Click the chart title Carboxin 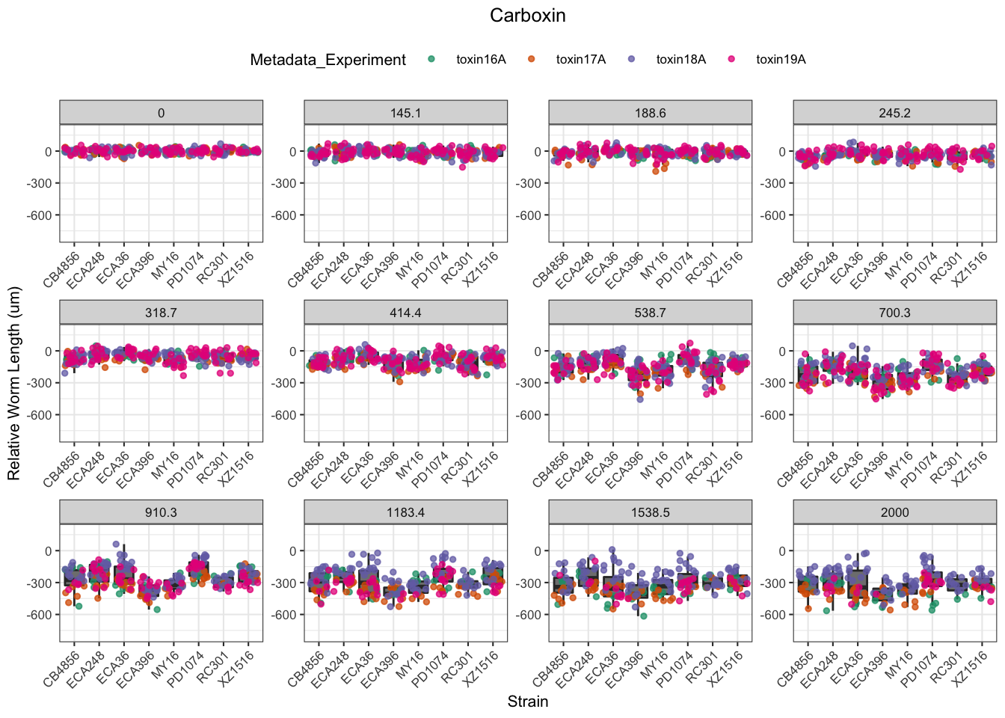[x=527, y=16]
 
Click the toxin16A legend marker [x=431, y=59]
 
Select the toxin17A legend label [x=580, y=60]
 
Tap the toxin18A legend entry [x=680, y=60]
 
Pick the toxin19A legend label [x=781, y=60]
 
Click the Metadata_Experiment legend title [x=328, y=60]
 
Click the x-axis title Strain [x=528, y=702]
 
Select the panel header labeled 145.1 [x=405, y=113]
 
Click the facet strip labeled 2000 [x=894, y=512]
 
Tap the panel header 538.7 [x=650, y=313]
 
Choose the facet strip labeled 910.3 [x=161, y=512]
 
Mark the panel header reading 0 [x=161, y=113]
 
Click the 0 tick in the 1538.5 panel [x=537, y=551]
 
